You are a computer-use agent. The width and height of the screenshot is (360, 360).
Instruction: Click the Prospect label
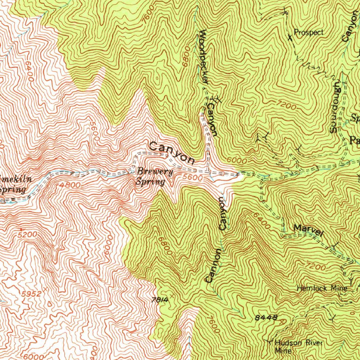(x=309, y=33)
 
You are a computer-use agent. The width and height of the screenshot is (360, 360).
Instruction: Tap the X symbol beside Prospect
(x=290, y=37)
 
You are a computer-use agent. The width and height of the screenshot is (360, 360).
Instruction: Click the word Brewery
(x=155, y=172)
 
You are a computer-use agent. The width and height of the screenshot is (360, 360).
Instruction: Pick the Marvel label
(x=308, y=230)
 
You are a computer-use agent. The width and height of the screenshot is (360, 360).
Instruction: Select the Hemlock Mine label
(x=322, y=289)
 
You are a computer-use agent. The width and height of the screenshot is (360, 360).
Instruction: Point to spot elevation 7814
(x=160, y=300)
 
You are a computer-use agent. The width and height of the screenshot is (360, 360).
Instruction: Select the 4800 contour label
(x=70, y=185)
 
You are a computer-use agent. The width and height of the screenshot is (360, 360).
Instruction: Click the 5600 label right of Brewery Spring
(x=193, y=178)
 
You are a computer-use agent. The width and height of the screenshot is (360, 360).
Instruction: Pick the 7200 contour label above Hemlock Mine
(x=316, y=267)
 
